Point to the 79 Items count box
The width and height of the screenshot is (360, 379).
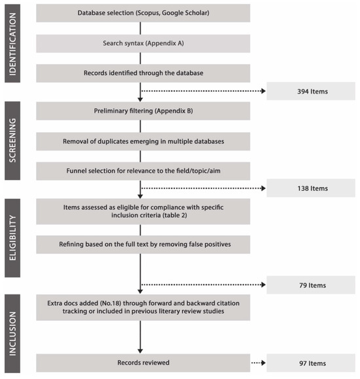click(310, 285)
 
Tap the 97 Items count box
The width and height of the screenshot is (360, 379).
click(310, 363)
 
